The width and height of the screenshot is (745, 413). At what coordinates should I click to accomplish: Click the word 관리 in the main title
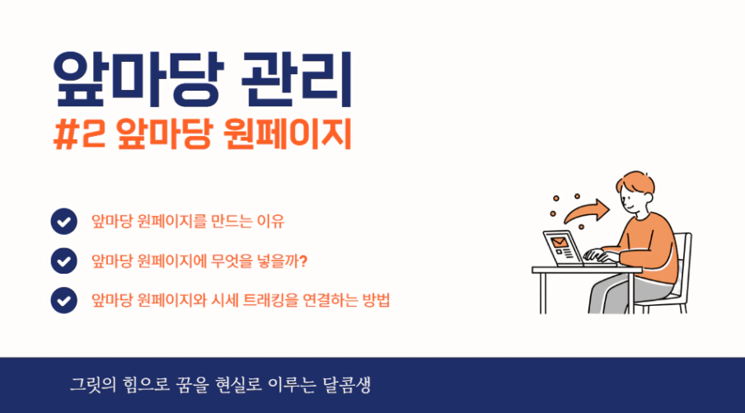pos(297,79)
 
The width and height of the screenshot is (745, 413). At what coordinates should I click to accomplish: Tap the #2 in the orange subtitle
pos(79,134)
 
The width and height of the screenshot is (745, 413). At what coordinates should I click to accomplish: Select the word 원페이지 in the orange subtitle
pos(287,134)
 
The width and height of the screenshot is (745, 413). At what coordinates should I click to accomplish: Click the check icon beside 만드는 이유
pos(63,222)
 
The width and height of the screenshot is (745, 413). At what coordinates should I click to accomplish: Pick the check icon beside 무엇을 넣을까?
pos(63,261)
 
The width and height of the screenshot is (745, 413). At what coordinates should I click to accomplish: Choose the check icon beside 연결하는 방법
pos(63,300)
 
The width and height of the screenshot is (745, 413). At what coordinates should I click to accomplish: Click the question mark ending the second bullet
pos(303,261)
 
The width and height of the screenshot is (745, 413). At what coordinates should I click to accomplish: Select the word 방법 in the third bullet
pos(376,300)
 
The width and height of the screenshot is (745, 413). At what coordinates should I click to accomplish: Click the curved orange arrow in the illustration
pos(587,212)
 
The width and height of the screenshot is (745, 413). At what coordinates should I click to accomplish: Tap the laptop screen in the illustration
pos(564,247)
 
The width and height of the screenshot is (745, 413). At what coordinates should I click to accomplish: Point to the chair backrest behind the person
pos(683,261)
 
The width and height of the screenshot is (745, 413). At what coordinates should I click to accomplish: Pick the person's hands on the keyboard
pos(600,256)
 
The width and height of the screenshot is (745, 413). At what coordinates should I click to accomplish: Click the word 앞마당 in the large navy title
pos(138,79)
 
